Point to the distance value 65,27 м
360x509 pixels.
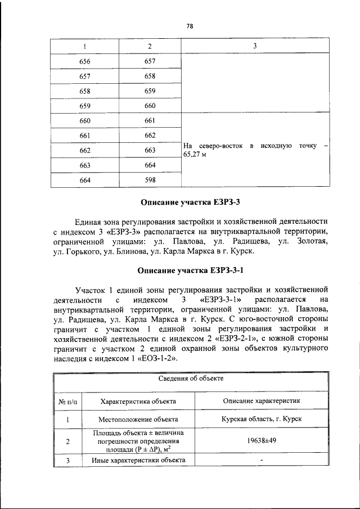[x=193, y=155]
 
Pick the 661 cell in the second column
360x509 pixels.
[x=150, y=120]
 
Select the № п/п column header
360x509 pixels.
[x=67, y=402]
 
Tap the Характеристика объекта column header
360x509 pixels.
[x=138, y=402]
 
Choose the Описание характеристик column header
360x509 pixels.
[x=262, y=402]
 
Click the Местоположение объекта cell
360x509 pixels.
[x=138, y=420]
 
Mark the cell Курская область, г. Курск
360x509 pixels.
[x=262, y=420]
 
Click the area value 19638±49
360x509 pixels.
[x=262, y=441]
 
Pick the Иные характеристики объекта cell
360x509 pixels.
[x=138, y=461]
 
